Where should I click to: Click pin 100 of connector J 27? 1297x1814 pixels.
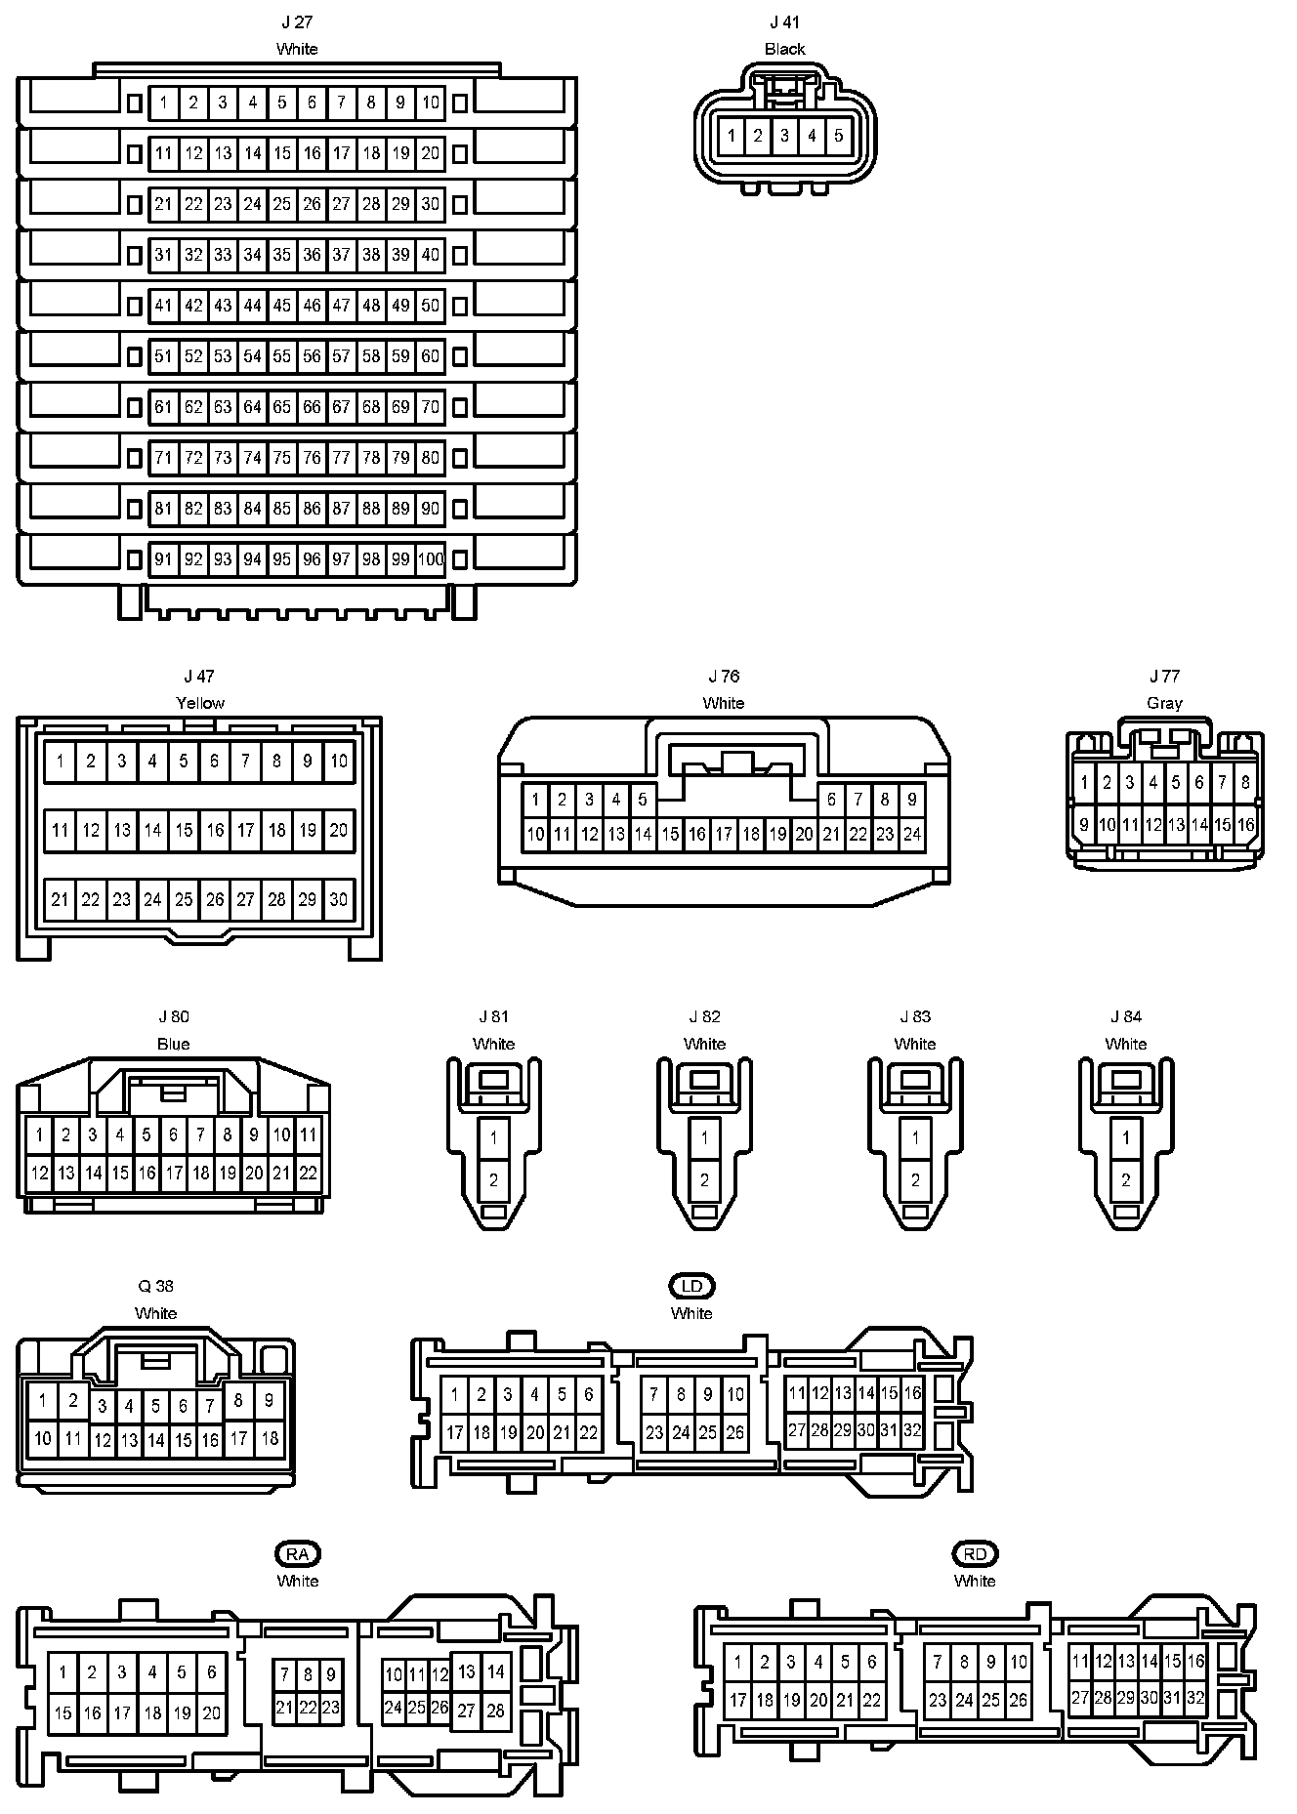431,559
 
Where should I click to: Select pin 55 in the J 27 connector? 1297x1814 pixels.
282,356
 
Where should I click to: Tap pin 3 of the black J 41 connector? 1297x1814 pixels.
784,136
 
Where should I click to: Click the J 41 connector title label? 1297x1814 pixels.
784,21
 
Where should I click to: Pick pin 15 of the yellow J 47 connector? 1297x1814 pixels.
184,830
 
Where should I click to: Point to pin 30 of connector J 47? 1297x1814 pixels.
338,899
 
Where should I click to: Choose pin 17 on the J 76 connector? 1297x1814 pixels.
724,834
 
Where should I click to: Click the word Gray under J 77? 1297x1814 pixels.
1164,703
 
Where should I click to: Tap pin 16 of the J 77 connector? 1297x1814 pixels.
1245,825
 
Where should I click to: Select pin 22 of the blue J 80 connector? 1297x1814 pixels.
308,1173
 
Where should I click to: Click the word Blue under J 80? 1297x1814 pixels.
173,1044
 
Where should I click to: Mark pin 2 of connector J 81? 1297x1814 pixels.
494,1179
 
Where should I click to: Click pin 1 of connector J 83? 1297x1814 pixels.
915,1137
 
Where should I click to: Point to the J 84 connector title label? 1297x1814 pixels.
1125,1016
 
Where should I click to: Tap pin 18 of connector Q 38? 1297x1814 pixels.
270,1438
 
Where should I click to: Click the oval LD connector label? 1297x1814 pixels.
691,1286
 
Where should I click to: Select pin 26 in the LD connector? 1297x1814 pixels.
734,1433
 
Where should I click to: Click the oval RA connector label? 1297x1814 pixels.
298,1553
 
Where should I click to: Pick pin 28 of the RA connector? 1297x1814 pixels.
495,1711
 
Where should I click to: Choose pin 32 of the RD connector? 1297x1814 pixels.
1195,1698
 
